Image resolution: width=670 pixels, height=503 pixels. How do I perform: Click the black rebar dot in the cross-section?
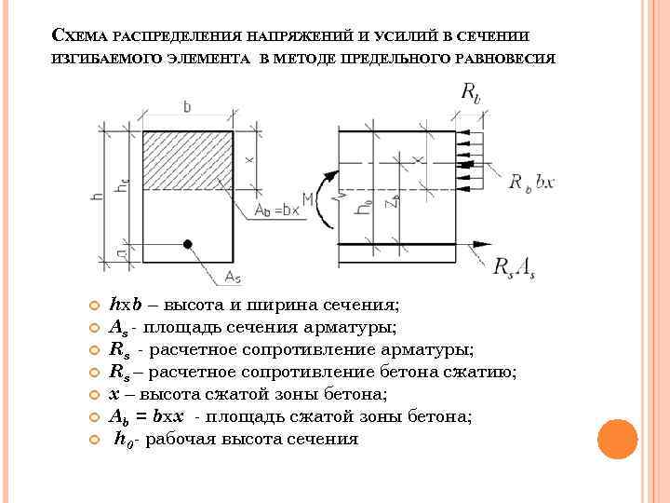point(187,245)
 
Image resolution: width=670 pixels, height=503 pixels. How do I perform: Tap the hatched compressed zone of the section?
point(187,160)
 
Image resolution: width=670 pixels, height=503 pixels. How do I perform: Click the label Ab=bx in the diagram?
point(277,211)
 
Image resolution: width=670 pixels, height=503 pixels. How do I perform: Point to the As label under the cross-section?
point(233,277)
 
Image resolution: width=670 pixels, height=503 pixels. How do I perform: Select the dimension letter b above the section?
point(187,108)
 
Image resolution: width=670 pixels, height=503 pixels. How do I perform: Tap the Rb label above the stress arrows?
point(471,93)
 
